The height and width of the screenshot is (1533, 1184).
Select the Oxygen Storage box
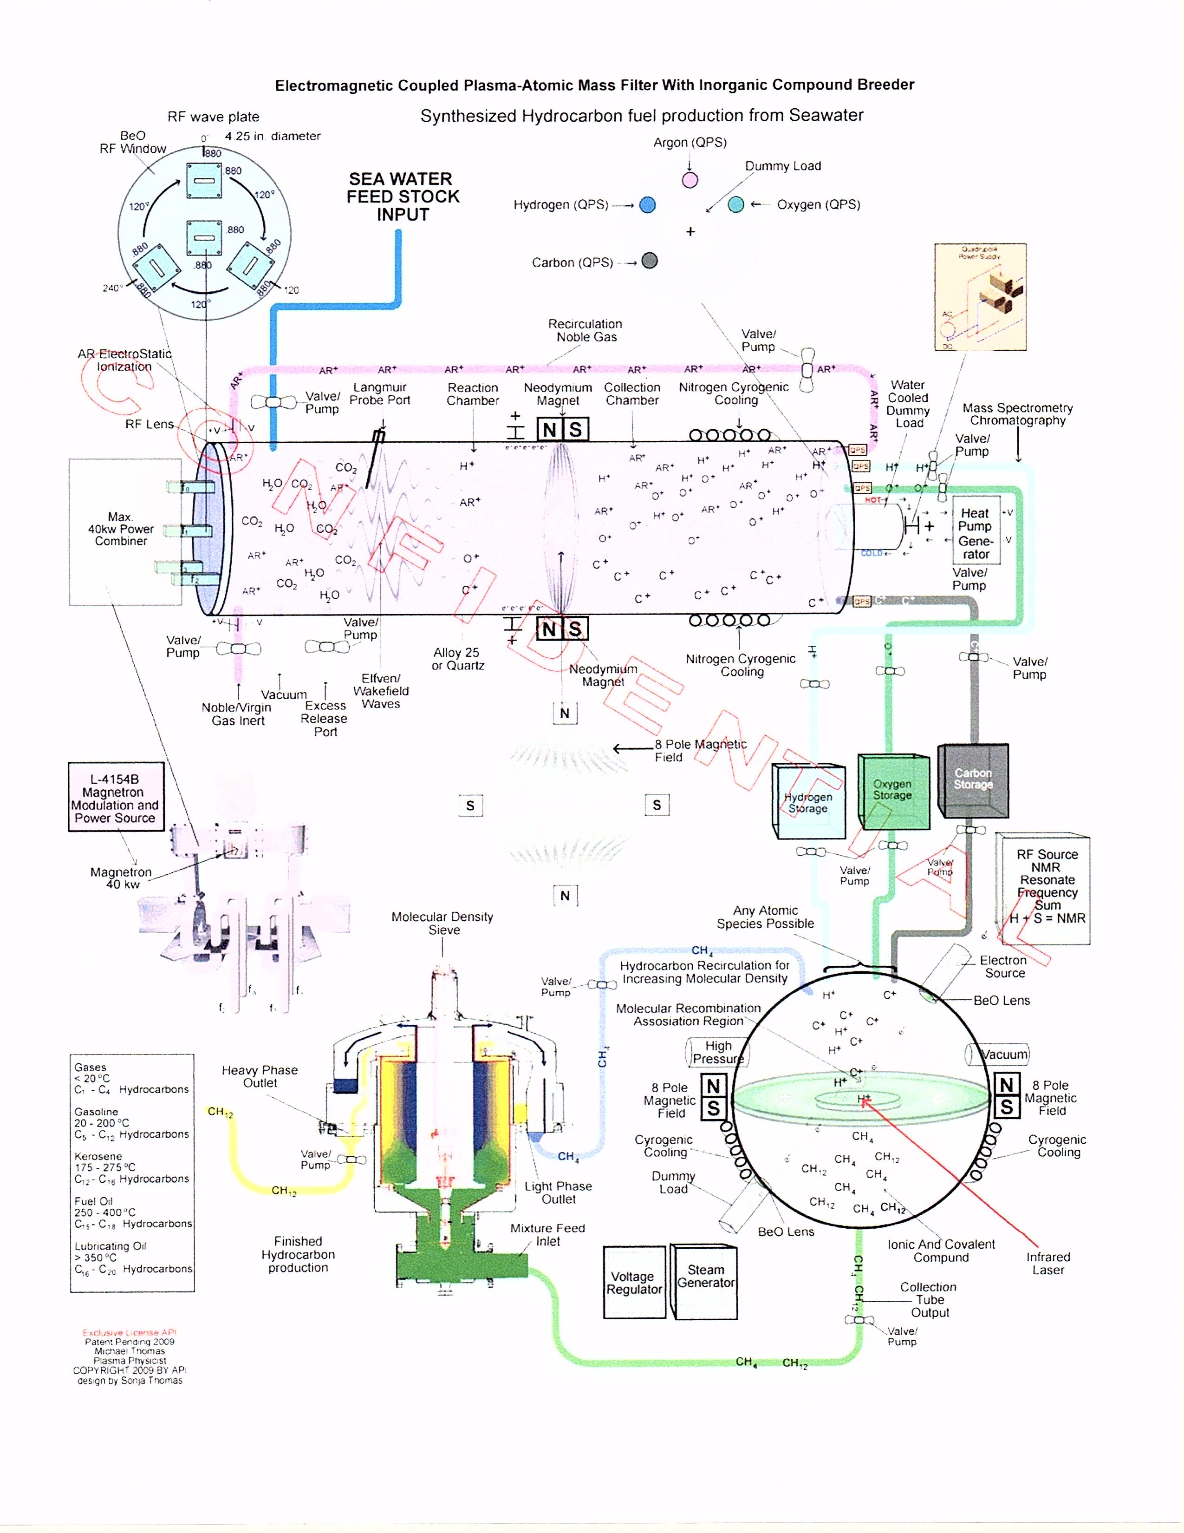coord(892,790)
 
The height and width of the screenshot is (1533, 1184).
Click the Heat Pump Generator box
coord(975,533)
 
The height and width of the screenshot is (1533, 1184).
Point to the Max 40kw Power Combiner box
coord(121,531)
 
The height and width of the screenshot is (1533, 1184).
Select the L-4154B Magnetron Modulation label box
coord(116,797)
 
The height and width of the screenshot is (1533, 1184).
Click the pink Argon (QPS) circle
coord(690,180)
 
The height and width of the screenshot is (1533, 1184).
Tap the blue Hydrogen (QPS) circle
coord(647,205)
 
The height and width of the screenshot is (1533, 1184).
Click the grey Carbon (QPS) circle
coord(650,261)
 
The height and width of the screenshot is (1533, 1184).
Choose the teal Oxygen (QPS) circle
coord(735,205)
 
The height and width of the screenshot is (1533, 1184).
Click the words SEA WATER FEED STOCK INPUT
coord(403,197)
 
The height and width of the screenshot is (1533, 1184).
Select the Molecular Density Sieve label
coord(442,923)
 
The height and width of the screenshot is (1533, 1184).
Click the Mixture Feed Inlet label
coord(547,1235)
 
